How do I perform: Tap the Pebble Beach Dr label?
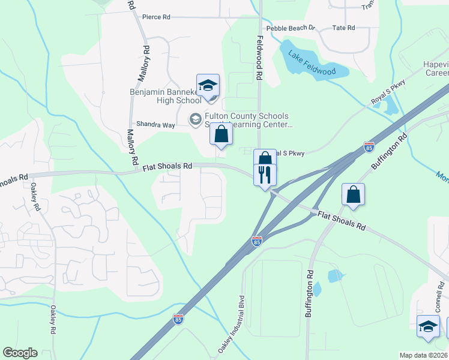tap(291, 28)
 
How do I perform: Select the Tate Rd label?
tap(343, 28)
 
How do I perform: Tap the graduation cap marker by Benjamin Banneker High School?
tap(208, 86)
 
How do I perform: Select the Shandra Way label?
tap(155, 125)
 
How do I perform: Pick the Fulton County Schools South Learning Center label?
tap(247, 120)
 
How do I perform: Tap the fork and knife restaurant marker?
tap(265, 175)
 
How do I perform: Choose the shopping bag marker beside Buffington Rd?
tap(353, 194)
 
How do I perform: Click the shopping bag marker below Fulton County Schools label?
tap(221, 134)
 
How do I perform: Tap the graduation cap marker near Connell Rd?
tap(429, 327)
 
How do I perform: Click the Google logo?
tap(19, 353)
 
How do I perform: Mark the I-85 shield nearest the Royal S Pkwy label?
tap(369, 147)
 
